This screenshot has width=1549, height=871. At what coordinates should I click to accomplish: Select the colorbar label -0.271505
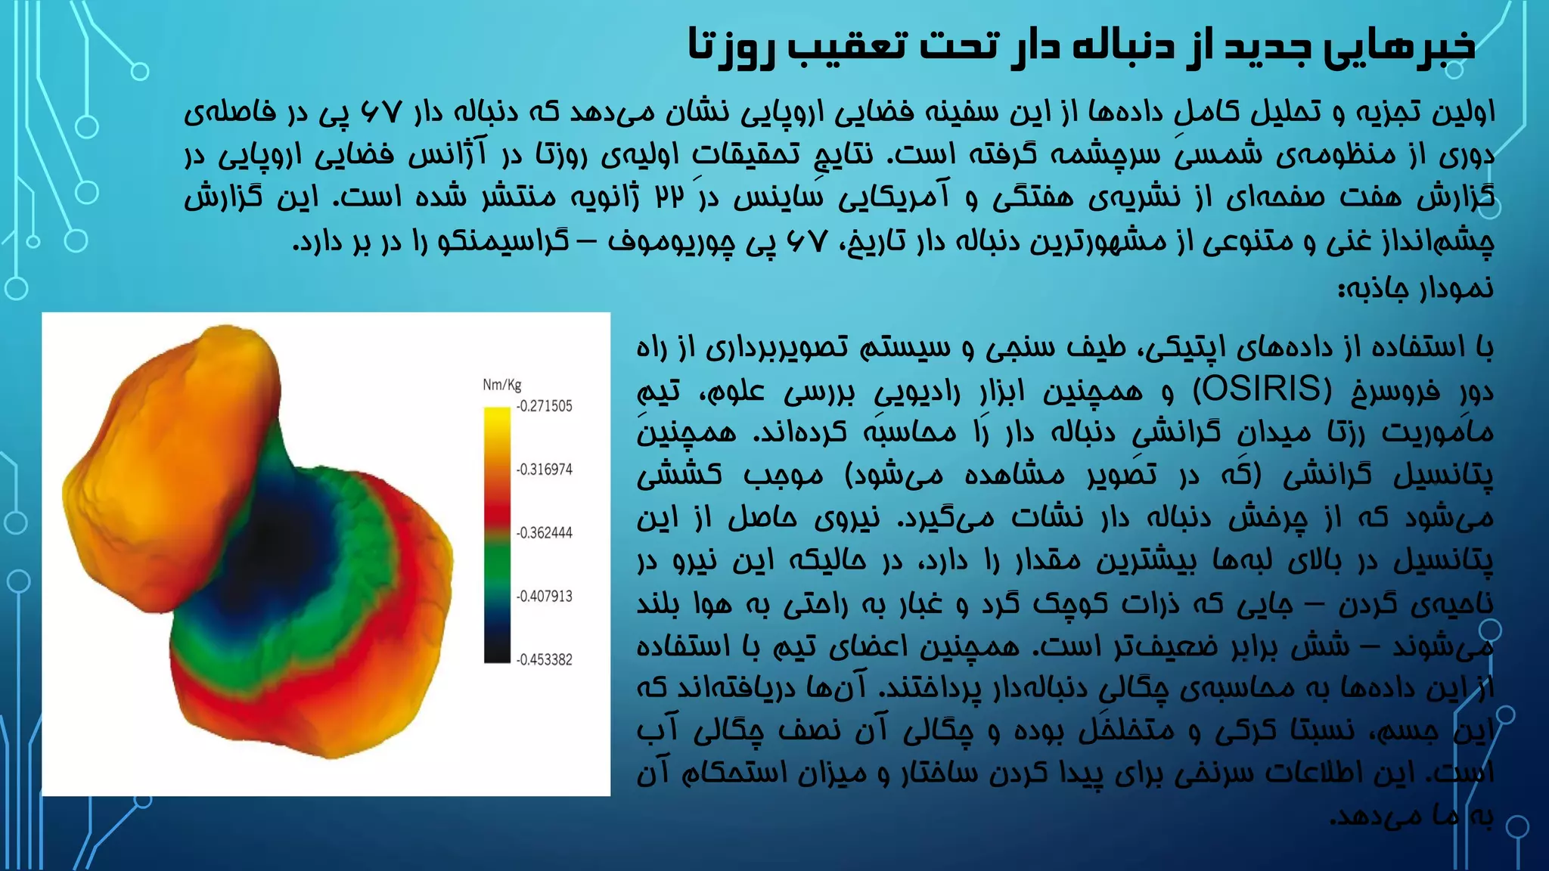(545, 407)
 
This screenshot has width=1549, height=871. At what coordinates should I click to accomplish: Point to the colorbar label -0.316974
(545, 470)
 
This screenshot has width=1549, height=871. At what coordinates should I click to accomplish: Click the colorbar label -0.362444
(545, 533)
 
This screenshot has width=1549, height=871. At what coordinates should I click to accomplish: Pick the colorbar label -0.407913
(545, 597)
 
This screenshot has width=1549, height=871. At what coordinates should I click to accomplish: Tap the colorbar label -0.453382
(545, 660)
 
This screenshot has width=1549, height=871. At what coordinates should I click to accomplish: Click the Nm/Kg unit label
(502, 385)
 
